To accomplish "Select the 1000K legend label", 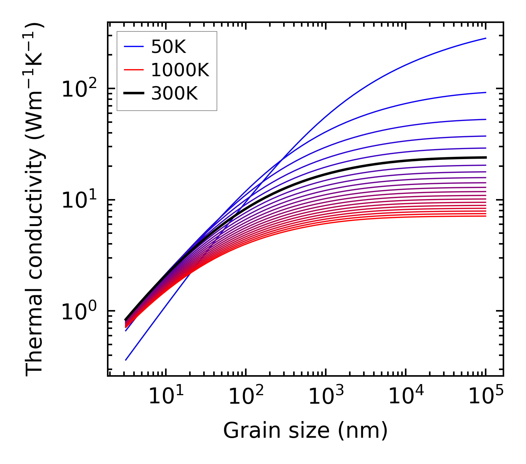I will pos(180,70).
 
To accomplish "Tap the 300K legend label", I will pos(174,94).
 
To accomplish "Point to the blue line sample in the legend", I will pos(133,47).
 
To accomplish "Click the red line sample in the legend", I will pos(133,70).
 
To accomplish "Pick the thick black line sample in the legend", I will pos(133,94).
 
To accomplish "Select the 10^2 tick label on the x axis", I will pos(245,397).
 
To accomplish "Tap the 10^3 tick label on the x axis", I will pos(325,397).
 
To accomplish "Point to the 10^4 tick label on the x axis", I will pos(405,397).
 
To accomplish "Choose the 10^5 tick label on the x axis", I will pos(485,397).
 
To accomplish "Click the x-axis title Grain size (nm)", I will pos(305,431).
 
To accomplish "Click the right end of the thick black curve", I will pos(486,157).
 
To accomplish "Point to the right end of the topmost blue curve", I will pos(486,38).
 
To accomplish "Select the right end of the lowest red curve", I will pos(486,216).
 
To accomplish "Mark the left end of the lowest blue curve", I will pos(126,360).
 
